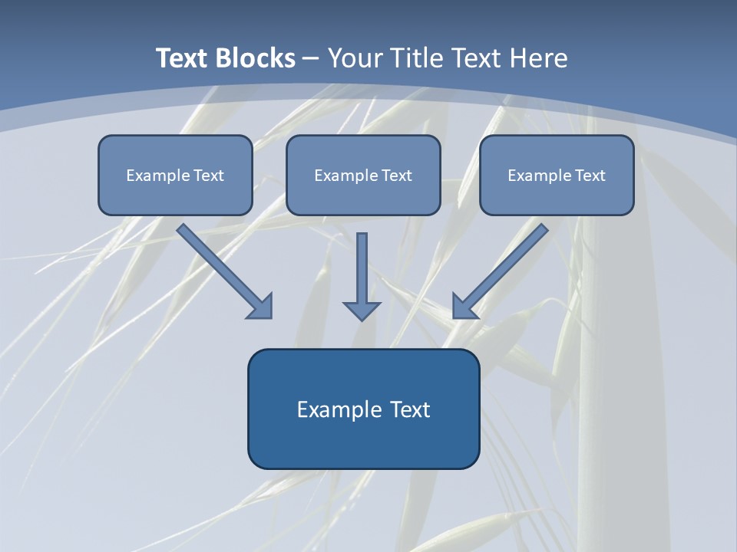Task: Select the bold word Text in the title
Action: click(183, 58)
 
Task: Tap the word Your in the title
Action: click(357, 58)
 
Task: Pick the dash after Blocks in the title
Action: click(311, 59)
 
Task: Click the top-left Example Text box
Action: click(175, 175)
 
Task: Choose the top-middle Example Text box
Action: click(363, 175)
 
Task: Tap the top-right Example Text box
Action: click(557, 175)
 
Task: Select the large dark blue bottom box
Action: click(363, 409)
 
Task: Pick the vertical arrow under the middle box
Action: click(362, 272)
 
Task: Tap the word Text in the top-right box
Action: click(590, 176)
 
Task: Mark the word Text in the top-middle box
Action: click(397, 176)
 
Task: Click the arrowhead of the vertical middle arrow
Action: click(362, 310)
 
